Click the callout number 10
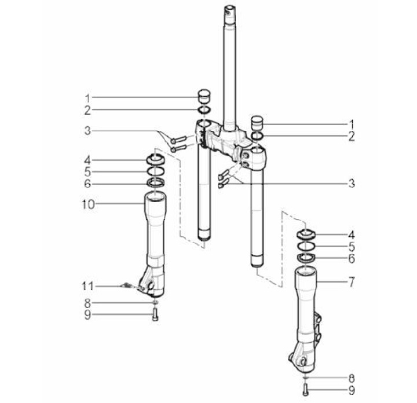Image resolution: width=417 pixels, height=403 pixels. (88, 205)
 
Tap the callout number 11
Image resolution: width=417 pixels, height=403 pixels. (87, 286)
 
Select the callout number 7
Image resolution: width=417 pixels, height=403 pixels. (352, 282)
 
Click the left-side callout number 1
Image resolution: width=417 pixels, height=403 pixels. (87, 98)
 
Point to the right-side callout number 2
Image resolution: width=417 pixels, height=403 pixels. (352, 137)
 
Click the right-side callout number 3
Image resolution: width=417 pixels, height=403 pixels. (352, 183)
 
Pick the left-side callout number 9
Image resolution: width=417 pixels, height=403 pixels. (87, 315)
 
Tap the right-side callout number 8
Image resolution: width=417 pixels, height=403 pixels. (352, 378)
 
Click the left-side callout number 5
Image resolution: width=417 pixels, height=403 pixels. (88, 172)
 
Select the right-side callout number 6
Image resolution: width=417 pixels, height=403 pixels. (352, 258)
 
